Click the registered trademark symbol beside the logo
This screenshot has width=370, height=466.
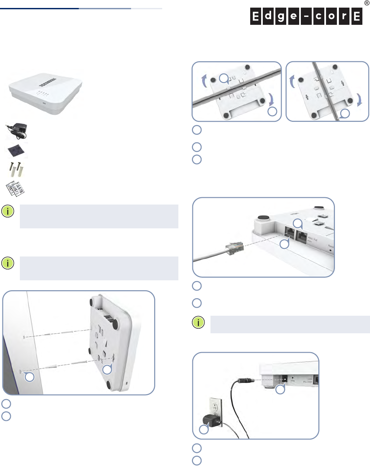[x=366, y=3]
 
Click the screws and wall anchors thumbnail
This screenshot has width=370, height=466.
[x=16, y=169]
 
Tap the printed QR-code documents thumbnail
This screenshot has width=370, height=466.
[x=16, y=189]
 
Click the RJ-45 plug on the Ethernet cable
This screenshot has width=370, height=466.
[x=234, y=249]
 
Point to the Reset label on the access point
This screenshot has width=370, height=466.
[x=331, y=246]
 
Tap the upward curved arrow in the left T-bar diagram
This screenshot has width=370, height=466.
[x=205, y=81]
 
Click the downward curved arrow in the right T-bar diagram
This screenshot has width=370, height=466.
[x=360, y=100]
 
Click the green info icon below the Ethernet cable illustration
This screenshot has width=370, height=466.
[x=198, y=322]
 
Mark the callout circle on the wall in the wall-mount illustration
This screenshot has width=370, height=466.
[x=30, y=377]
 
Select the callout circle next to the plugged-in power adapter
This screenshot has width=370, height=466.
[x=204, y=430]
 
